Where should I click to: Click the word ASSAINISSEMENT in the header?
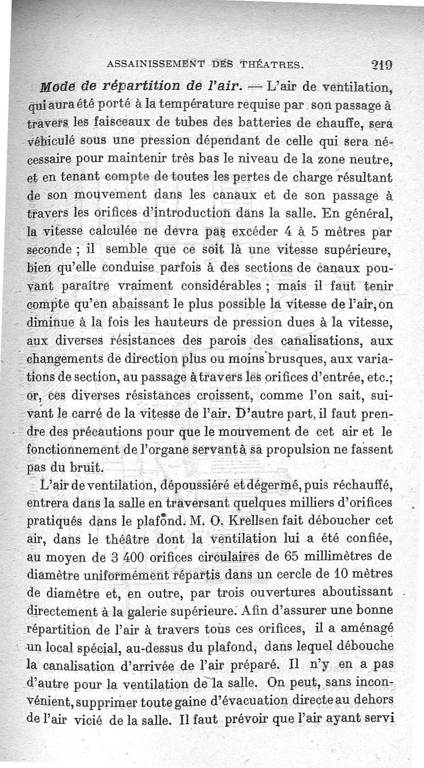[x=150, y=65]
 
